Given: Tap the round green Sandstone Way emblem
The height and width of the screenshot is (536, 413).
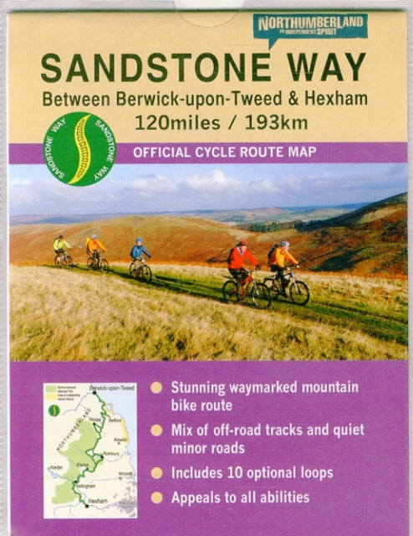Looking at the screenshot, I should point(80,148).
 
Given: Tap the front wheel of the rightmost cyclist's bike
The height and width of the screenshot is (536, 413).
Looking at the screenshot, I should point(298,291).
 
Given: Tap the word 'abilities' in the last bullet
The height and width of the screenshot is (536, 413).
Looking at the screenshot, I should point(280,497).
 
